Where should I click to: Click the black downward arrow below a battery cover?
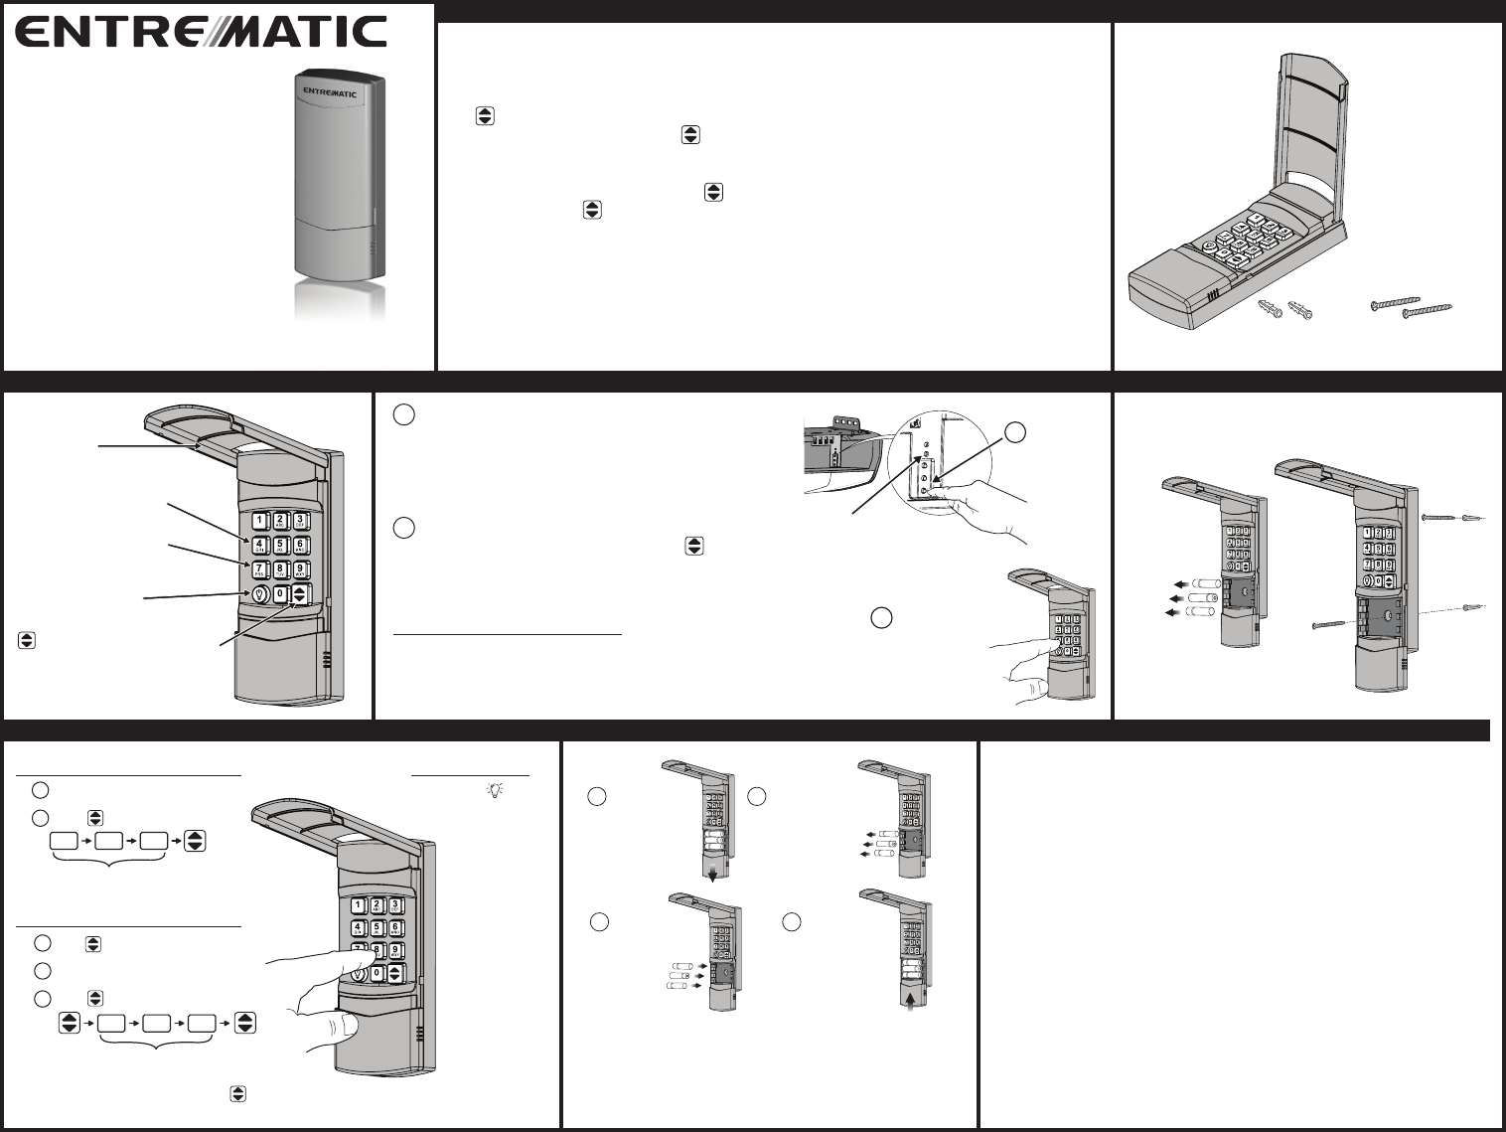point(713,872)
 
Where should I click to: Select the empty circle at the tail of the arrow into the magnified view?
point(1013,431)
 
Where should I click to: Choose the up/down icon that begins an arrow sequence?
point(69,1023)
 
